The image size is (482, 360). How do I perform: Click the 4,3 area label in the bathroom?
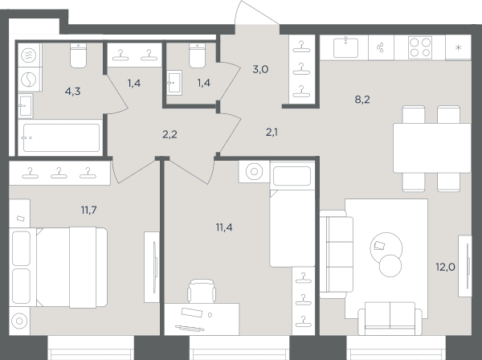click(73, 92)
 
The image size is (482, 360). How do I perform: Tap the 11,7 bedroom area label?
click(89, 211)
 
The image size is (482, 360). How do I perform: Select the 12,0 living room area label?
click(445, 267)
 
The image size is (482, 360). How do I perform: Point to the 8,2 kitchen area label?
click(362, 100)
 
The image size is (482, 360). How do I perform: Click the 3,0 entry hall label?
click(260, 69)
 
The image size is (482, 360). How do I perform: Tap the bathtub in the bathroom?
click(61, 137)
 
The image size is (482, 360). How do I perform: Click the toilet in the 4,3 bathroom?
click(79, 55)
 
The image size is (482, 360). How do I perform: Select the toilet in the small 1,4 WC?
click(197, 55)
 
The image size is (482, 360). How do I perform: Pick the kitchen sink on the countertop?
click(345, 47)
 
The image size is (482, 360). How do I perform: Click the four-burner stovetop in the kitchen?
click(420, 47)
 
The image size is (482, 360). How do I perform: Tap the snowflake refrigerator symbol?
click(459, 47)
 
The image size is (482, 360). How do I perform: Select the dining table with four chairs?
click(432, 148)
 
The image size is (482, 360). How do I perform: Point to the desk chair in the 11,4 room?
click(202, 291)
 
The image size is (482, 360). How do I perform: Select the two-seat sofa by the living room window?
click(390, 319)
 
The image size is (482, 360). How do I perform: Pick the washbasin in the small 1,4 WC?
click(174, 83)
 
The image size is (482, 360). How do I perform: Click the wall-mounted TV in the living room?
click(465, 266)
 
